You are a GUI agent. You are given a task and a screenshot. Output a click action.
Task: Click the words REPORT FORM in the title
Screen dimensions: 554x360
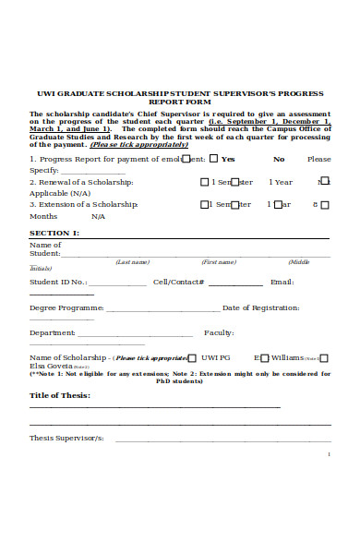point(180,102)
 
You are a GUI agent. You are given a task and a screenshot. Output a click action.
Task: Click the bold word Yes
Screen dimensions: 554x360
point(228,159)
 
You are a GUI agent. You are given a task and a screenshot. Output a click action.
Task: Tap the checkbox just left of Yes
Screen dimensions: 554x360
point(213,158)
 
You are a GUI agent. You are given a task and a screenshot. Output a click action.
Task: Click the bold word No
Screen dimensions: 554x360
point(279,159)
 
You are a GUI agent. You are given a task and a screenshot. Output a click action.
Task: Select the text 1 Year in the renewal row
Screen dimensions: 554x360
point(282,182)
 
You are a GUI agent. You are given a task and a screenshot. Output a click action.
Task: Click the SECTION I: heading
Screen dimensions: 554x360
point(54,233)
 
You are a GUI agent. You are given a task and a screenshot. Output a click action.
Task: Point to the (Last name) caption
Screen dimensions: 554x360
point(133,262)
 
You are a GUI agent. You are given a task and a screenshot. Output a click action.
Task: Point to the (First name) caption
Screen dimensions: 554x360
point(219,262)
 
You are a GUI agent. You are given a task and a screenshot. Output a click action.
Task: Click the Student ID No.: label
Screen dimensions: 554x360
point(58,282)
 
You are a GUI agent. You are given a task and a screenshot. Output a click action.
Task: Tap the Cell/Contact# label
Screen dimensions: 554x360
point(178,282)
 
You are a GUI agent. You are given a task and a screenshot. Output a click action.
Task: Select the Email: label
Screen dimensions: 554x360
point(282,282)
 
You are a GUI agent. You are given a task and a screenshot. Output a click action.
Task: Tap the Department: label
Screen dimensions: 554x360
point(53,332)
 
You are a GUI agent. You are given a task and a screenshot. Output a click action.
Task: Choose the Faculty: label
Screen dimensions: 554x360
point(219,332)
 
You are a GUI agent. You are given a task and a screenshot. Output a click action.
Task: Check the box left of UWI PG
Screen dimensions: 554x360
point(192,356)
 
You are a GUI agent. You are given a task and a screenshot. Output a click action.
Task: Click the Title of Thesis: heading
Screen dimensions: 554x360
point(60,395)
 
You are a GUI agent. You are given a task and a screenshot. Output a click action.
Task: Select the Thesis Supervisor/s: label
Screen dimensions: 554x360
point(66,438)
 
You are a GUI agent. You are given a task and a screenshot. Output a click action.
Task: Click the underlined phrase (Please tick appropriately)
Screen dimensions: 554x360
point(138,144)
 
